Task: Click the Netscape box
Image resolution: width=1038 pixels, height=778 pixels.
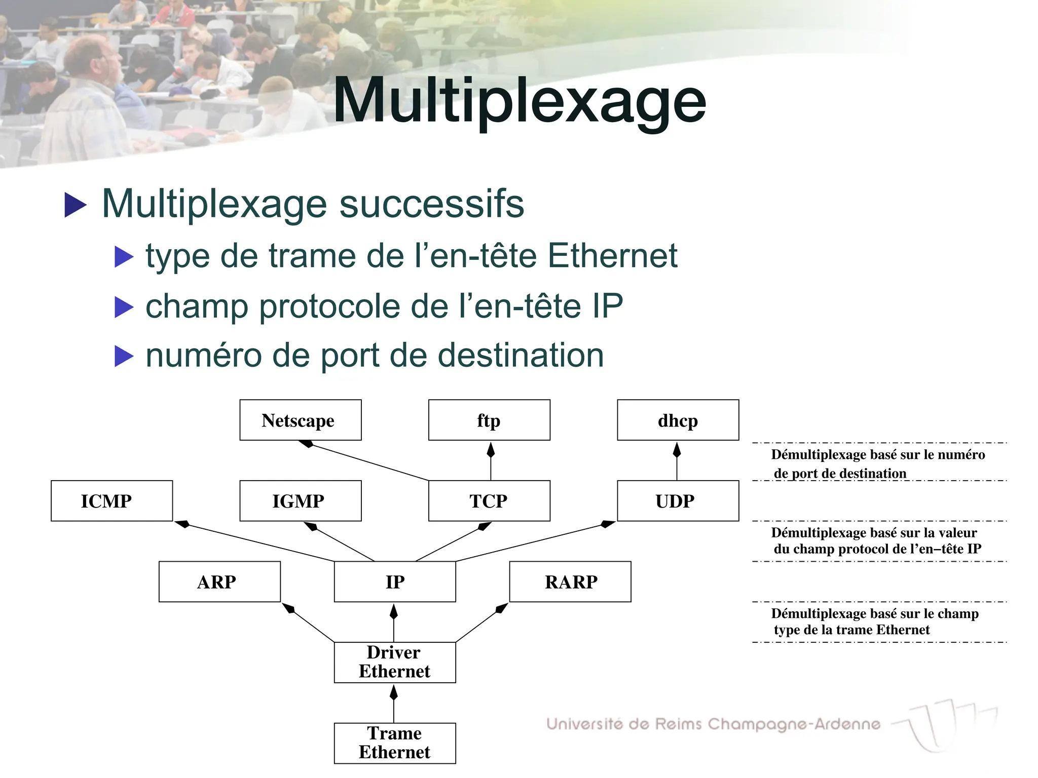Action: click(300, 420)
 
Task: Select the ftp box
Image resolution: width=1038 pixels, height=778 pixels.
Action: click(489, 420)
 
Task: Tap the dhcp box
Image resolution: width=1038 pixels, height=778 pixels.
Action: click(678, 420)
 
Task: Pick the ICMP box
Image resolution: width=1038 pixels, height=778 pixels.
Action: click(112, 500)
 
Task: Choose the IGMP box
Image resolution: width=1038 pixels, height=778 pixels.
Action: click(300, 500)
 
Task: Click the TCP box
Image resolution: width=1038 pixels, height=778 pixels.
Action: click(489, 500)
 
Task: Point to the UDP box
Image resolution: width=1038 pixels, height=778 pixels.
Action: click(678, 500)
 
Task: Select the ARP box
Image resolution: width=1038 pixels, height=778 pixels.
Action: click(219, 581)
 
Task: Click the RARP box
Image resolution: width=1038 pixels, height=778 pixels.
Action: click(570, 581)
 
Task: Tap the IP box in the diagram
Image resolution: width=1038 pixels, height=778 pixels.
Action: click(394, 581)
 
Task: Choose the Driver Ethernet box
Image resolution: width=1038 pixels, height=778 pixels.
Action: click(394, 662)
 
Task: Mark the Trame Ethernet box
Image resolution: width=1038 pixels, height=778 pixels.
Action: click(394, 743)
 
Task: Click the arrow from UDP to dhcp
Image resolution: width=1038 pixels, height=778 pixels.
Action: click(677, 461)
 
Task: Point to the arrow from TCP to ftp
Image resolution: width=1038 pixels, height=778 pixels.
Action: click(491, 461)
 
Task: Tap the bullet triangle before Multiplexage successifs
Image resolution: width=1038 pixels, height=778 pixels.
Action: click(76, 205)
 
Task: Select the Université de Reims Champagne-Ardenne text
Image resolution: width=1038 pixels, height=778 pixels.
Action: click(713, 724)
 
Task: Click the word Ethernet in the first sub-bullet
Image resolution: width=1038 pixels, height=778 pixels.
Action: click(612, 255)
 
